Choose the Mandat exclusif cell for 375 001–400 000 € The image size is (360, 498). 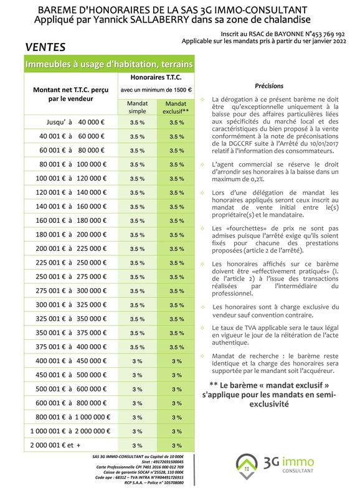point(176,347)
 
